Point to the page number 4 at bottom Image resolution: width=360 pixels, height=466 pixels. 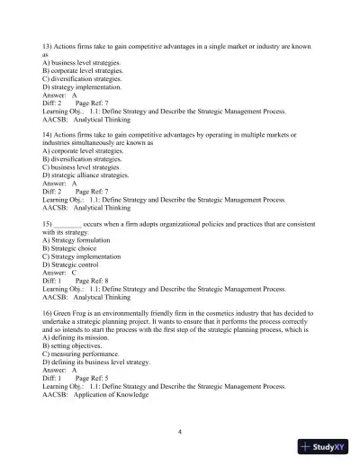pos(180,432)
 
